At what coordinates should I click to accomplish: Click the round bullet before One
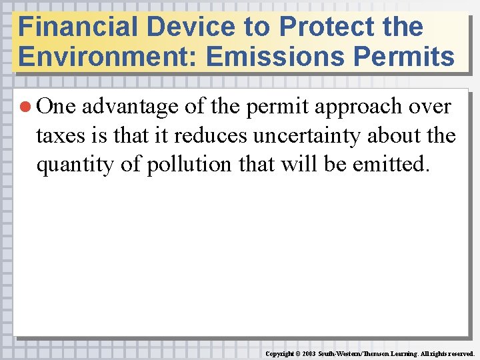click(x=27, y=107)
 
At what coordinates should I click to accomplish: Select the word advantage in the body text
click(x=130, y=107)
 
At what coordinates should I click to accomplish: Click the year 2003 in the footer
click(x=309, y=353)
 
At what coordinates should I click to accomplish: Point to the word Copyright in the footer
click(x=281, y=353)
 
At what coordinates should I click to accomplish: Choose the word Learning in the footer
click(x=399, y=353)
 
